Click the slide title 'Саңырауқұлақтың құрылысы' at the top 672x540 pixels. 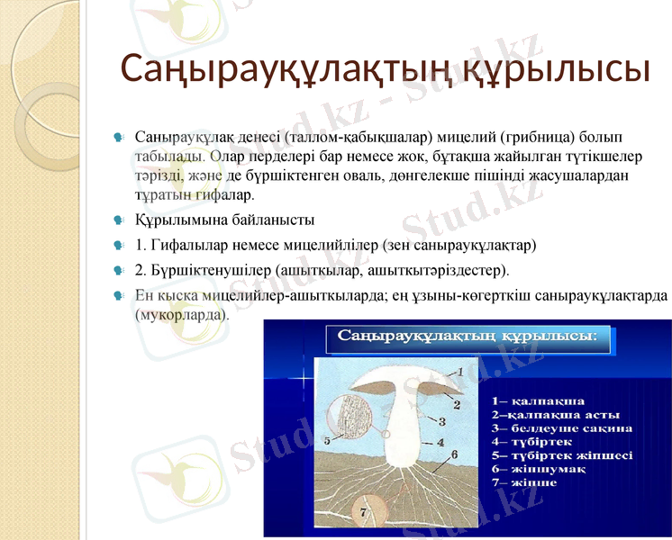(x=385, y=69)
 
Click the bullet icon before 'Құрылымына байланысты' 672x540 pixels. (x=119, y=220)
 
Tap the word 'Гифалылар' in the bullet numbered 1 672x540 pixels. (x=186, y=244)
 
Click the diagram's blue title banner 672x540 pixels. (x=467, y=337)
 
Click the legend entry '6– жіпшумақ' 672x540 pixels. (x=539, y=469)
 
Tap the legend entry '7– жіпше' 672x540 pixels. (x=524, y=482)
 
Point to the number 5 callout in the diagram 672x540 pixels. (x=328, y=441)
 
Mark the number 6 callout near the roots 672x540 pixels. (x=454, y=454)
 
